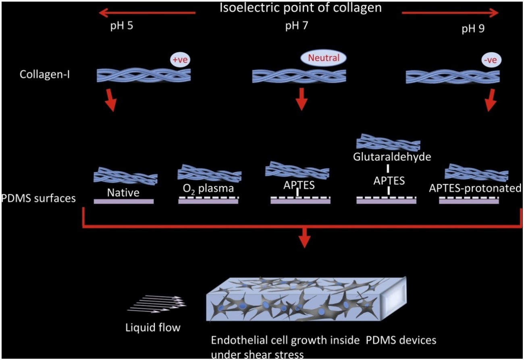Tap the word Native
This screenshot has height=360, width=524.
tap(123, 193)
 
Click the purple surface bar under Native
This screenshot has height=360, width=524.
tap(123, 201)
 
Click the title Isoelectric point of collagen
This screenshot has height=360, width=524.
tap(300, 8)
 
